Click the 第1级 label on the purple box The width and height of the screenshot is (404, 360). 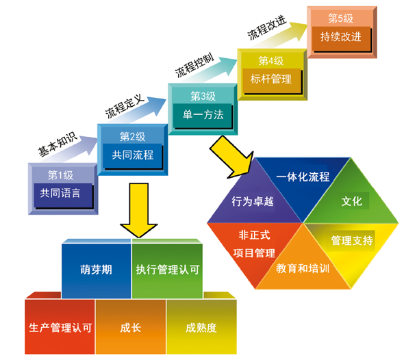pyautogui.click(x=60, y=175)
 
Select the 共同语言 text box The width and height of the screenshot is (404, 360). pyautogui.click(x=60, y=193)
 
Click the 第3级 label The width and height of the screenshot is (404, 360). pyautogui.click(x=203, y=96)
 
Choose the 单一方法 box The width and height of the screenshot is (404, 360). pyautogui.click(x=203, y=115)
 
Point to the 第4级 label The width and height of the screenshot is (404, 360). pyautogui.click(x=271, y=60)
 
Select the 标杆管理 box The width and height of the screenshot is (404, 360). pyautogui.click(x=271, y=79)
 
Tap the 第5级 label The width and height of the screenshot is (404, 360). pyautogui.click(x=340, y=18)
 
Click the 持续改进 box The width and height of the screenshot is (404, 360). pyautogui.click(x=340, y=37)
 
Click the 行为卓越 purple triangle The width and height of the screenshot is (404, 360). pyautogui.click(x=254, y=202)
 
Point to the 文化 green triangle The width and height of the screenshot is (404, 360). pyautogui.click(x=351, y=202)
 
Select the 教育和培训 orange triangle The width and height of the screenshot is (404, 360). pyautogui.click(x=303, y=267)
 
